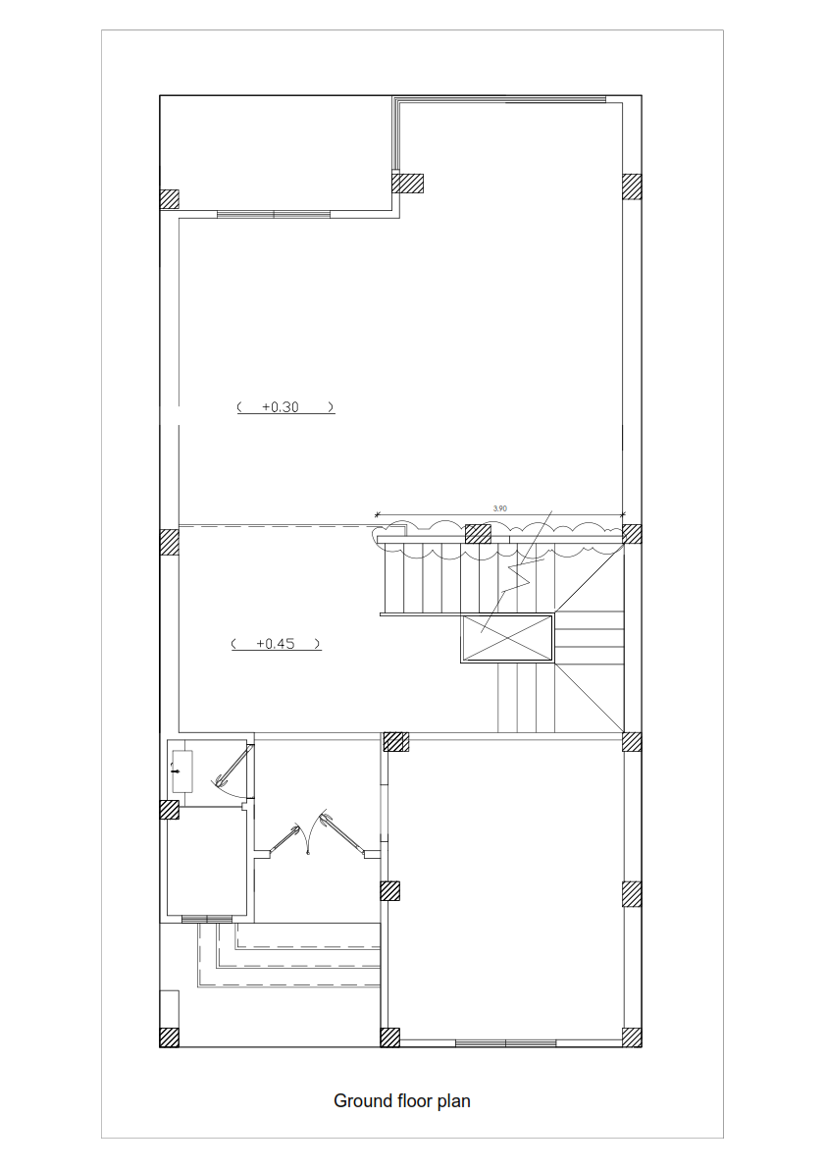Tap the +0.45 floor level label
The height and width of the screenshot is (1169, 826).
277,644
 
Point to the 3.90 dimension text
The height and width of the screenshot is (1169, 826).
499,508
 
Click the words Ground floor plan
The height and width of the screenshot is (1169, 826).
401,1100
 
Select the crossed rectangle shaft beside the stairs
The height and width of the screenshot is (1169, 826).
506,638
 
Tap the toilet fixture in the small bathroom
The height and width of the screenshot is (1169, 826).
181,770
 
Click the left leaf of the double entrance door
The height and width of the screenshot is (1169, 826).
285,840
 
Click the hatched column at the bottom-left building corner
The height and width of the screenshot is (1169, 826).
170,1037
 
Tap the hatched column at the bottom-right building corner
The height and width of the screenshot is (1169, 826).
632,1037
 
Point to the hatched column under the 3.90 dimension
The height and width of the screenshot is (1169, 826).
478,533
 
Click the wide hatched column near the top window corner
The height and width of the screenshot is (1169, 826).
407,184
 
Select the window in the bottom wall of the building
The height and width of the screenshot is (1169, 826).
505,1042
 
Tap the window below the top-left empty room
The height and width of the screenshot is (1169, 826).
273,213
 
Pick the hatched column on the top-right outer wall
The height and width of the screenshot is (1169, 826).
632,186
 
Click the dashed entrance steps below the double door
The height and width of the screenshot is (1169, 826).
294,957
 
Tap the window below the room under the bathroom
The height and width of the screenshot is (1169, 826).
206,919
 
